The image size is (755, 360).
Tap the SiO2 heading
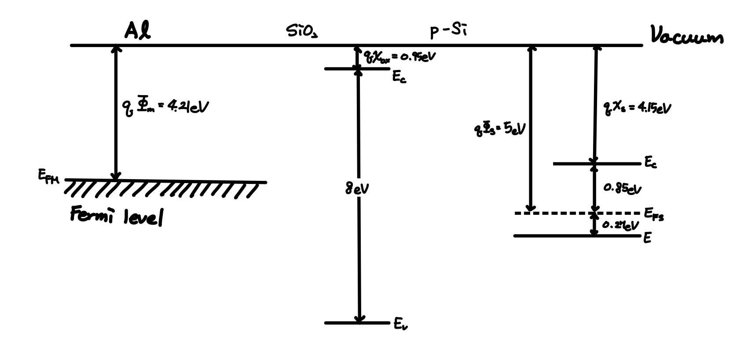(302, 31)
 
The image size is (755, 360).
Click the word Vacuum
(687, 37)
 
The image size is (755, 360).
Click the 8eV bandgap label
(357, 189)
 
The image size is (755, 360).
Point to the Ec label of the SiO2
(399, 77)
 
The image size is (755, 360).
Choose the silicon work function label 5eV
(499, 130)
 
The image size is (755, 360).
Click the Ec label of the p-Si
(651, 162)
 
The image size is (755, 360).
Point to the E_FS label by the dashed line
(654, 214)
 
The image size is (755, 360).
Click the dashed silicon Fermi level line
(563, 213)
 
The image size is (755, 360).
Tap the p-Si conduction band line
(572, 164)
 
